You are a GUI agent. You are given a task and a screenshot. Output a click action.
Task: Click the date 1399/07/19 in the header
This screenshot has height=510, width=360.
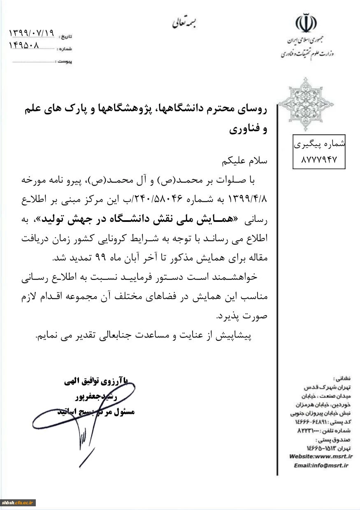coord(32,33)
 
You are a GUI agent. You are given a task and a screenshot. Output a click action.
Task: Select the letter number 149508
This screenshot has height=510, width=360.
coord(24,46)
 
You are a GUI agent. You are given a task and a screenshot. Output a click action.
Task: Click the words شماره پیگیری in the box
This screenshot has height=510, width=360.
coord(319,145)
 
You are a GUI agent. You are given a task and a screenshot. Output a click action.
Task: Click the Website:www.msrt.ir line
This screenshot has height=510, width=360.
coord(321,456)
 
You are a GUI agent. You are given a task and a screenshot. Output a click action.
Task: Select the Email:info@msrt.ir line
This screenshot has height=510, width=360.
coord(321,465)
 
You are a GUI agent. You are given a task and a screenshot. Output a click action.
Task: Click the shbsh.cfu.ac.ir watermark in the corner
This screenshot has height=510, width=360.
coord(19,503)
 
